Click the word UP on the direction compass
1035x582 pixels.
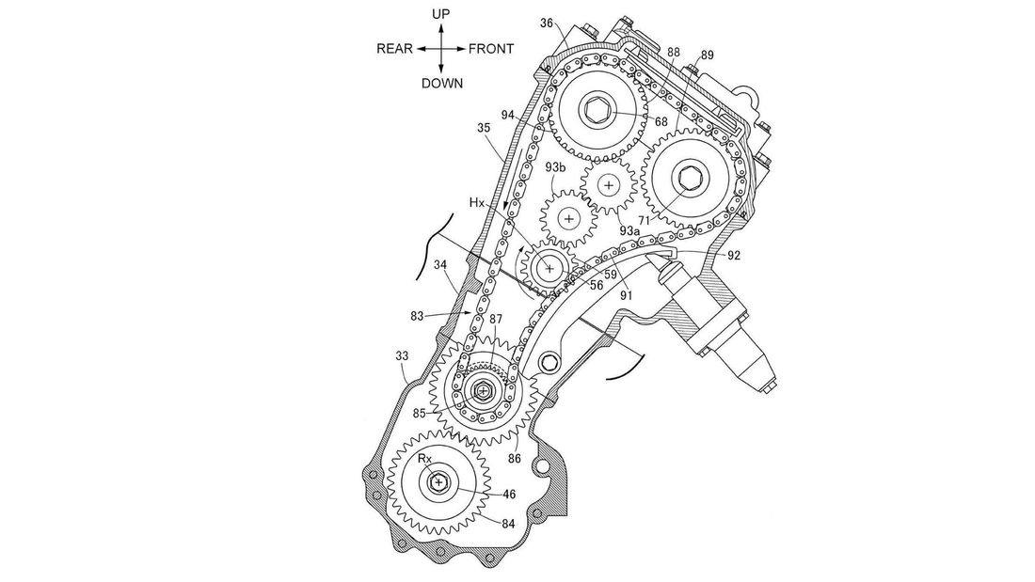point(440,14)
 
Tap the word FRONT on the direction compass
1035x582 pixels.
point(491,49)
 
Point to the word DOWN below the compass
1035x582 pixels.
point(442,84)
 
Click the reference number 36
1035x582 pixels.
point(546,24)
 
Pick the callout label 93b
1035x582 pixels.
point(555,167)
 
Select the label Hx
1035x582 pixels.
point(478,202)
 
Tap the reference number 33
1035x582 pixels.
point(402,355)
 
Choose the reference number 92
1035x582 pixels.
point(734,254)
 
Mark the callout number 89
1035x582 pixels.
point(707,55)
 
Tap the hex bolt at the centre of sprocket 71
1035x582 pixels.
point(689,176)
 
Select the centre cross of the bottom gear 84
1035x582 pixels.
point(438,482)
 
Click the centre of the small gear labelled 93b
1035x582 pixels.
point(567,218)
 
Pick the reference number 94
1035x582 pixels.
point(509,116)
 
